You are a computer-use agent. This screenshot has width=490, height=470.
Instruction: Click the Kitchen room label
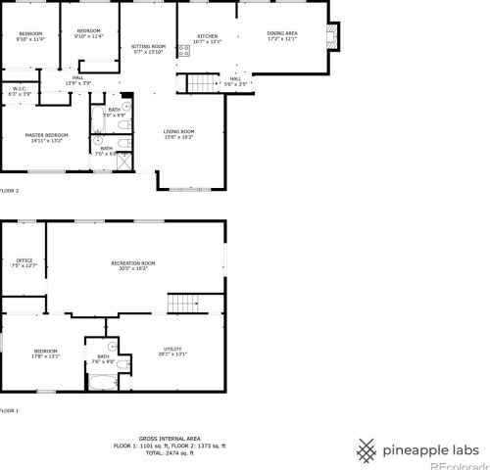pyautogui.click(x=207, y=38)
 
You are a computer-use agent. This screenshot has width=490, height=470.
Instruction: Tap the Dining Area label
pyautogui.click(x=282, y=36)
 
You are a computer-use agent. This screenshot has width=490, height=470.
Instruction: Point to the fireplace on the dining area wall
pyautogui.click(x=333, y=36)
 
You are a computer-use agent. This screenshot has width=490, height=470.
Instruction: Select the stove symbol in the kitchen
pyautogui.click(x=183, y=50)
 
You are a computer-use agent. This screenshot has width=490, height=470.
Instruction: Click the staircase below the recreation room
pyautogui.click(x=182, y=303)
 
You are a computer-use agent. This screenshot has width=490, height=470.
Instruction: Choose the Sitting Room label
pyautogui.click(x=149, y=49)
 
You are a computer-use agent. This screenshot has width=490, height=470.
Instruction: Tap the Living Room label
pyautogui.click(x=178, y=134)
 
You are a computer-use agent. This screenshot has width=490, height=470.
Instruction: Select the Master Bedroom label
pyautogui.click(x=47, y=137)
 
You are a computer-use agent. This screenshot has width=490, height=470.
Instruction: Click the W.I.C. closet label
pyautogui.click(x=22, y=91)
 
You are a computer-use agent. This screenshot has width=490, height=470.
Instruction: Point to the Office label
pyautogui.click(x=24, y=262)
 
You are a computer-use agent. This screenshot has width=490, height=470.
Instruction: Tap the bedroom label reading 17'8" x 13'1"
pyautogui.click(x=46, y=353)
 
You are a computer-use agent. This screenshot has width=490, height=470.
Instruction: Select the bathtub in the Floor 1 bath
pyautogui.click(x=103, y=380)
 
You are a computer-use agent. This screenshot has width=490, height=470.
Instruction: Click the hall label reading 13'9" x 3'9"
pyautogui.click(x=77, y=80)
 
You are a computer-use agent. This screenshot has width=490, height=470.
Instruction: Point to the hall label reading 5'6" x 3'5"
pyautogui.click(x=235, y=80)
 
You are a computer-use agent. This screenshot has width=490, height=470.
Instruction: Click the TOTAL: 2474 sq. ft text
pyautogui.click(x=169, y=452)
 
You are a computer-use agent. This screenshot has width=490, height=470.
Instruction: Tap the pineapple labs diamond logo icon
pyautogui.click(x=366, y=449)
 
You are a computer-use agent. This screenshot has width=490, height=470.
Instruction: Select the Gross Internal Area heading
pyautogui.click(x=169, y=438)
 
